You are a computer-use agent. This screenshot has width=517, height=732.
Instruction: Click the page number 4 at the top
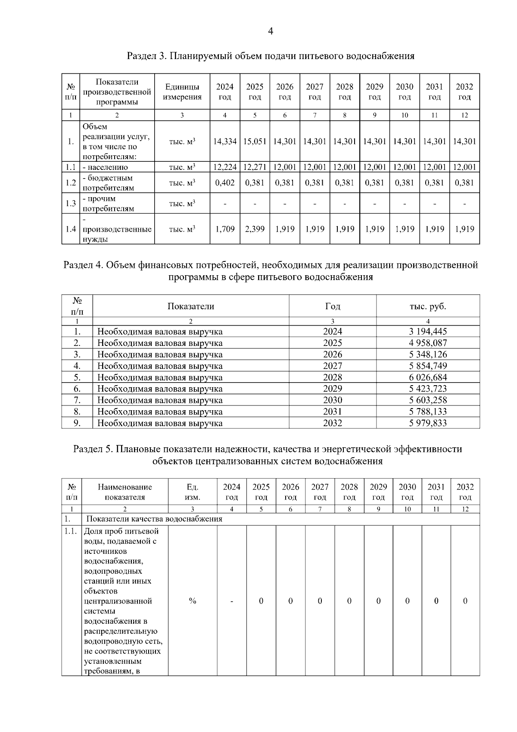(x=270, y=31)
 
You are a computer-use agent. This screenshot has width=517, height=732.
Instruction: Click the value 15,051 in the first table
(x=255, y=141)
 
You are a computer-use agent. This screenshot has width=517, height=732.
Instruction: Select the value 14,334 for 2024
(x=225, y=141)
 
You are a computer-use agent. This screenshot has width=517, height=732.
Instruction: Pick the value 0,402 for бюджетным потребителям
(x=225, y=183)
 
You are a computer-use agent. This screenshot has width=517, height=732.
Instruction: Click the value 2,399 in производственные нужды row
(x=255, y=229)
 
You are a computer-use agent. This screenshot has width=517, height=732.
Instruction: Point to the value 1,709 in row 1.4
(x=225, y=229)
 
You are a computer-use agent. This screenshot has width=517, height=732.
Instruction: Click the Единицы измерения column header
(x=182, y=92)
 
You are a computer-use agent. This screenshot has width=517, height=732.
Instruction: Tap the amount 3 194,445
(x=428, y=332)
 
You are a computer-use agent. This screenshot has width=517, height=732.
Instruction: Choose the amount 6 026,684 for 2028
(x=428, y=377)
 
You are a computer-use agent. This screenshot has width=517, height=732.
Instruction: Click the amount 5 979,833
(x=428, y=423)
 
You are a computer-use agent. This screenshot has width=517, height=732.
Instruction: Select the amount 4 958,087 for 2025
(x=428, y=343)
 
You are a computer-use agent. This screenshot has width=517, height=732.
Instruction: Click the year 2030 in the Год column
(x=332, y=400)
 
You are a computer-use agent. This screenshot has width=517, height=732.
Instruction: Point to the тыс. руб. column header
(x=428, y=307)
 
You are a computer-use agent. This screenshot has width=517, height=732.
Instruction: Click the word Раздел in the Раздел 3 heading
(x=140, y=56)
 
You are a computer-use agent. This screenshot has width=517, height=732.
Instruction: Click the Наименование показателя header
(x=125, y=492)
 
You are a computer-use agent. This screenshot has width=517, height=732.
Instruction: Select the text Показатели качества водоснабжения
(x=154, y=519)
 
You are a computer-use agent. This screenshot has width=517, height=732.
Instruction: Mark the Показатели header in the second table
(x=190, y=307)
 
